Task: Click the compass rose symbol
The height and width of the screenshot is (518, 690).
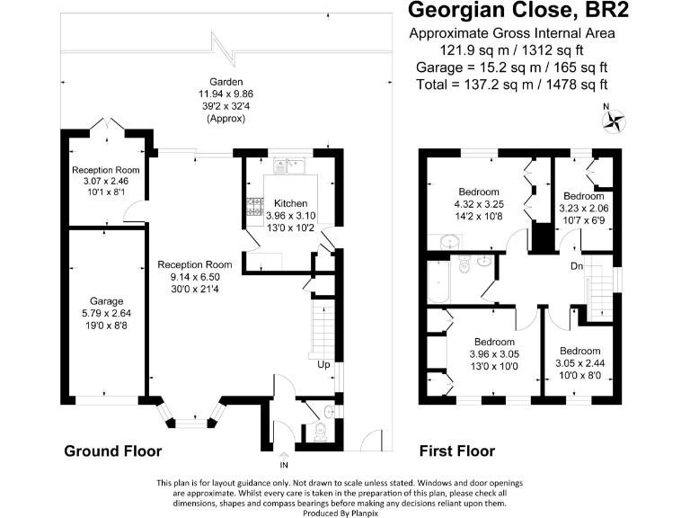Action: click(614, 121)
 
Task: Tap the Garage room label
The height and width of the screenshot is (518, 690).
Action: click(106, 301)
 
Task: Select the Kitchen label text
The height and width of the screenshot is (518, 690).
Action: click(290, 203)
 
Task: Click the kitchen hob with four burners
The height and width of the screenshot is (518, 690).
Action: click(255, 207)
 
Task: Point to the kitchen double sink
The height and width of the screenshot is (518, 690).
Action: click(289, 166)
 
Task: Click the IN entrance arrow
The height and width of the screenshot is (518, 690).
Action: click(284, 456)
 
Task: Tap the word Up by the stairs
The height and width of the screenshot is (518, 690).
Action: click(323, 365)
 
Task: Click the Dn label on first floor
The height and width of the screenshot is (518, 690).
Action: click(577, 266)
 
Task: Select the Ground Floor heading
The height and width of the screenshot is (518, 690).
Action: click(113, 451)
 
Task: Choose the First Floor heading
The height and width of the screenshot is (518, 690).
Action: click(456, 451)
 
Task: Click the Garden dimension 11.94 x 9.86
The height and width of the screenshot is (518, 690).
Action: click(226, 94)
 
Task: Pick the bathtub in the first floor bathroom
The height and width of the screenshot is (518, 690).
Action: click(438, 282)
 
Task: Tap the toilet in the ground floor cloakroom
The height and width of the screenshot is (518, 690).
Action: click(320, 432)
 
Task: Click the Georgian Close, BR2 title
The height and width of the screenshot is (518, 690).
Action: click(518, 10)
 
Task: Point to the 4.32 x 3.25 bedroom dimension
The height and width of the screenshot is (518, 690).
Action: click(479, 204)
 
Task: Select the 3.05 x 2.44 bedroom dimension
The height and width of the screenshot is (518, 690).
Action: click(580, 363)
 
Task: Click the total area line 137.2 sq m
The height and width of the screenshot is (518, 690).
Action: click(512, 85)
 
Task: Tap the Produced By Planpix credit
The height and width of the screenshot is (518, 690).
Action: click(341, 514)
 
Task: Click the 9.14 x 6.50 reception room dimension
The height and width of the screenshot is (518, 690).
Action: click(195, 277)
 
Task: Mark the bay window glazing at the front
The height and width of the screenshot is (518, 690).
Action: click(191, 423)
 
